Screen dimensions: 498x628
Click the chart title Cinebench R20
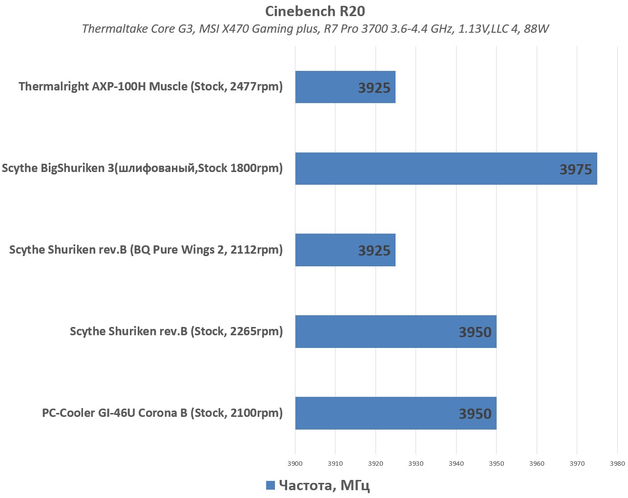pyautogui.click(x=315, y=11)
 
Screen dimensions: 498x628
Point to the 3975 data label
pyautogui.click(x=576, y=170)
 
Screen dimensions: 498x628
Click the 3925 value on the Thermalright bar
pyautogui.click(x=374, y=88)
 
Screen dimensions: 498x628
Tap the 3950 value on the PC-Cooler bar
pyautogui.click(x=475, y=414)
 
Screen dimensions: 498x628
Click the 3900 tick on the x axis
pyautogui.click(x=295, y=463)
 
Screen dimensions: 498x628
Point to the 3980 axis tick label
pyautogui.click(x=617, y=463)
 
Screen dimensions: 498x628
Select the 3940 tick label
pyautogui.click(x=456, y=463)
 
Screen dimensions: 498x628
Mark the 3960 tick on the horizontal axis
pyautogui.click(x=537, y=463)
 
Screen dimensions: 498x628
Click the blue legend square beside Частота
pyautogui.click(x=271, y=485)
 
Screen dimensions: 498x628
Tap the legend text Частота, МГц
pyautogui.click(x=324, y=485)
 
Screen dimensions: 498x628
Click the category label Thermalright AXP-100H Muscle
pyautogui.click(x=150, y=87)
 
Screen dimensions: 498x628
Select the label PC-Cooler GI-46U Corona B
pyautogui.click(x=162, y=413)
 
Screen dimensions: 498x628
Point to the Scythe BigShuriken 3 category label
pyautogui.click(x=142, y=168)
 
